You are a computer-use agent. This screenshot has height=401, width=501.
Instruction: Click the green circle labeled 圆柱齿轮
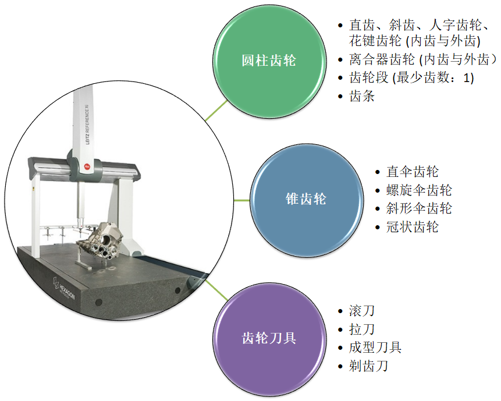pos(269,60)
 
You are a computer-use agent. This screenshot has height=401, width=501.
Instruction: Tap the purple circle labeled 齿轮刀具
pos(268,338)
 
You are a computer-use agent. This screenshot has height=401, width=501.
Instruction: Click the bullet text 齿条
pos(362,97)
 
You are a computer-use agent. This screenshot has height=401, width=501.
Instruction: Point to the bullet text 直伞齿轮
pos(413,172)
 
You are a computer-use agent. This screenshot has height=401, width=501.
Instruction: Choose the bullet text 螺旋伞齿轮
pos(419,190)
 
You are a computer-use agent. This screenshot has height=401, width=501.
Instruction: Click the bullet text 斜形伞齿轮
pos(419,208)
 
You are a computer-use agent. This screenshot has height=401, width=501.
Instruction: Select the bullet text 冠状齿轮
pos(413,227)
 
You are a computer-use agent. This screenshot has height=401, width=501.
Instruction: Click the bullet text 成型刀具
pos(375,348)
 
